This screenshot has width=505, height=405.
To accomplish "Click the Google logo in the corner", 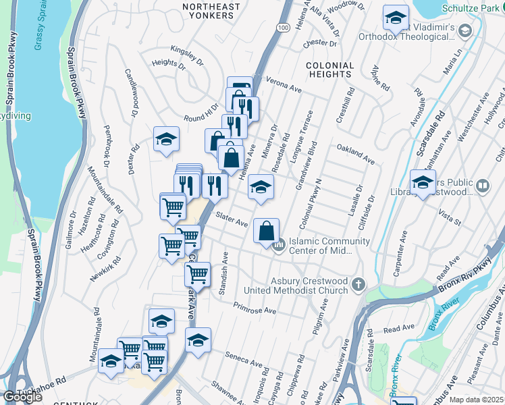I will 22,397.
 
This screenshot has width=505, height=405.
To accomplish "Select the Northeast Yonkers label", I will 211,12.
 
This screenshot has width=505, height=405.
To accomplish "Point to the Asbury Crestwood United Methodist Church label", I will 309,286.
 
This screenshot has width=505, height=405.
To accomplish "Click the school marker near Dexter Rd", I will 166,139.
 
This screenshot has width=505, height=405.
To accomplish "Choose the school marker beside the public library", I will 423,182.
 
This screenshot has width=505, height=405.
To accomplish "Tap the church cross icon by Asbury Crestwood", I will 358,285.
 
